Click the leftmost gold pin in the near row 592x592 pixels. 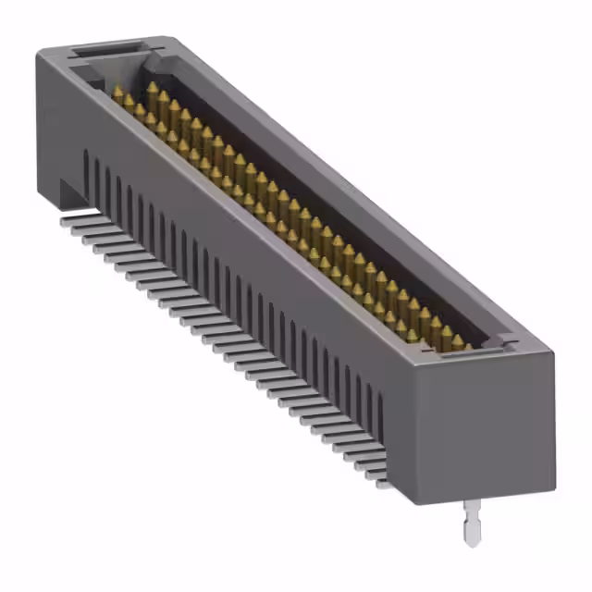point(117,93)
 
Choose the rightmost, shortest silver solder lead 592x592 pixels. point(379,481)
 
